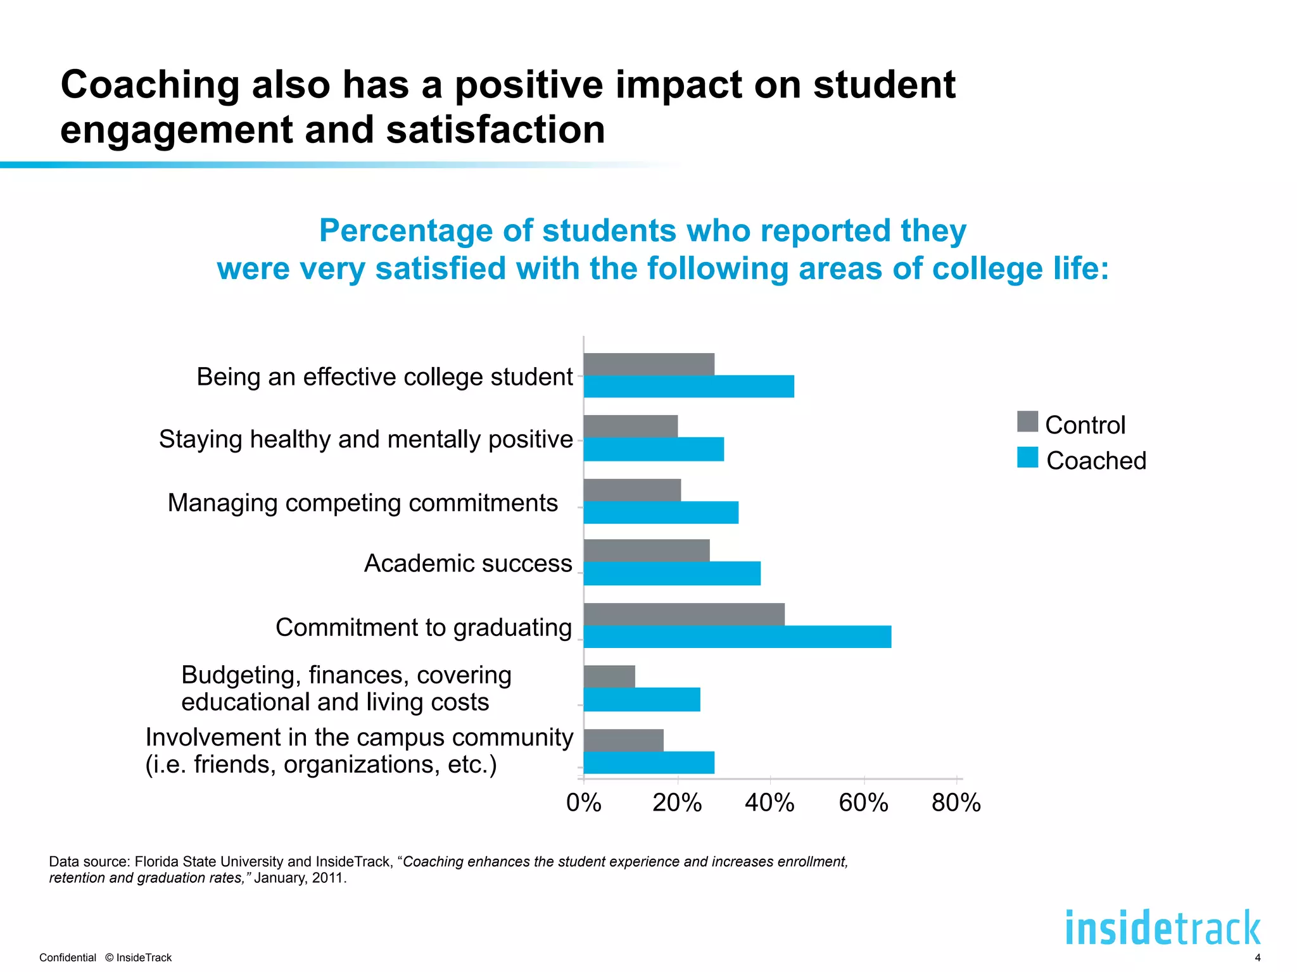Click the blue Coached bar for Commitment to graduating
click(737, 637)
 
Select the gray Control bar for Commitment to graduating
click(684, 614)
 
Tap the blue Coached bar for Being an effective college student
click(688, 387)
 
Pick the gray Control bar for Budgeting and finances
click(609, 676)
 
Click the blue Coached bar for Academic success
click(672, 573)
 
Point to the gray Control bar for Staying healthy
click(631, 426)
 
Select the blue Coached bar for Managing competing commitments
click(661, 513)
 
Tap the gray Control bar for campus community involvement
click(624, 740)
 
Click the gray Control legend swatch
click(1027, 421)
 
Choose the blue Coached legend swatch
click(1027, 458)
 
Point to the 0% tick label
click(583, 803)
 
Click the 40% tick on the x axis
click(769, 803)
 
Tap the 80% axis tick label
click(956, 803)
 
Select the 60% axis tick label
click(863, 803)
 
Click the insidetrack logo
click(1163, 928)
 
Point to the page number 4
click(1257, 958)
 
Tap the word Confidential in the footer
click(68, 958)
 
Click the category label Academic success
click(468, 563)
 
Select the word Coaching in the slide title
click(149, 85)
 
